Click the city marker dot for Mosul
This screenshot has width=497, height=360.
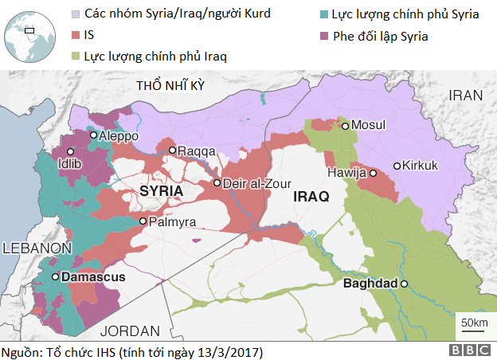(345, 125)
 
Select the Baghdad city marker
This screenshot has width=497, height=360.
(404, 284)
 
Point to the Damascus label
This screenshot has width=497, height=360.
(93, 276)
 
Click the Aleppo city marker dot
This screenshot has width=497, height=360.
(94, 135)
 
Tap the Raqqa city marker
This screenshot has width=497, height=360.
(172, 150)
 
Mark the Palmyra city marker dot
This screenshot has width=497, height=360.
(143, 221)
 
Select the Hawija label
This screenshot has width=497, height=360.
(346, 173)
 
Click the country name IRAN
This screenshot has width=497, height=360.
(466, 95)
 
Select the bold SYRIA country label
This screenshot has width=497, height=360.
(161, 192)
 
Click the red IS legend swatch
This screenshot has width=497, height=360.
(76, 35)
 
